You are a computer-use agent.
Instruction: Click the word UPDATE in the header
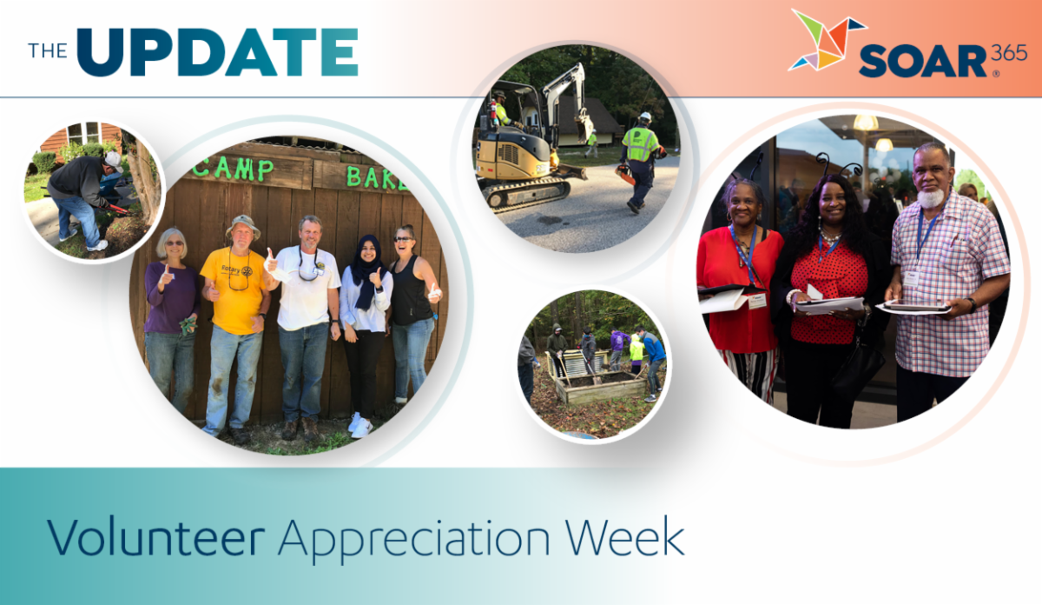[x=217, y=52]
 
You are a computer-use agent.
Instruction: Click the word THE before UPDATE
[x=48, y=50]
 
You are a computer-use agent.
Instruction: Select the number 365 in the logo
[x=1008, y=54]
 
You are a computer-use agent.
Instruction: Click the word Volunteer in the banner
[x=155, y=537]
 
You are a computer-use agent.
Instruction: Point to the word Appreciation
[x=414, y=541]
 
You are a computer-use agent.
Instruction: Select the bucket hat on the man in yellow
[x=243, y=225]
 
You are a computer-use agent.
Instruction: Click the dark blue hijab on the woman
[x=367, y=272]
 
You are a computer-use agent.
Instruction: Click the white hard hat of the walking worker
[x=645, y=117]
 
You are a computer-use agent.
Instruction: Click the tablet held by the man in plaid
[x=913, y=307]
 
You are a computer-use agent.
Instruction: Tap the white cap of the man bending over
[x=113, y=160]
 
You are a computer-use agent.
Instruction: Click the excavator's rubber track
[x=526, y=193]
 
